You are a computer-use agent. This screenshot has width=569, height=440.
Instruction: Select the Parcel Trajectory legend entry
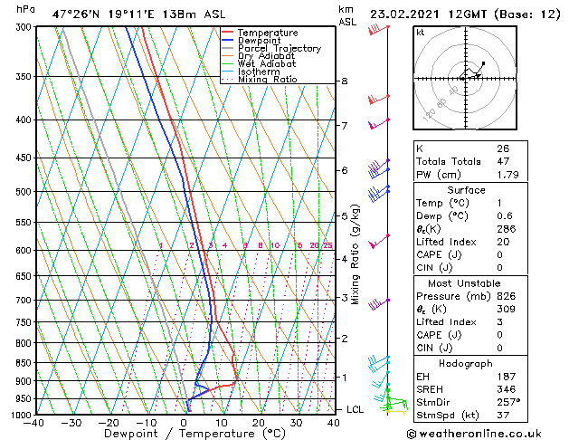pos(279,49)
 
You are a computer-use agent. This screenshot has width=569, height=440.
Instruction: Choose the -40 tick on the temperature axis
pos(35,423)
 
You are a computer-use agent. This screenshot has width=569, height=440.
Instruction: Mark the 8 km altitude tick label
pos(344,81)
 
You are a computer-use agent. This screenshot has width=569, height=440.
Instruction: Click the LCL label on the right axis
pos(356,409)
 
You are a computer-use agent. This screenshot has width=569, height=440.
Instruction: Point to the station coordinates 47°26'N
pos(76,14)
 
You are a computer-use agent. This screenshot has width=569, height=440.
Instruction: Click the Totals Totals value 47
pos(502,161)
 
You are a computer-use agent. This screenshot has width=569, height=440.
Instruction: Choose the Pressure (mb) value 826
pos(506,295)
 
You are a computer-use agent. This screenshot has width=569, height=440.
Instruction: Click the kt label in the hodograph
pos(420,32)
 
